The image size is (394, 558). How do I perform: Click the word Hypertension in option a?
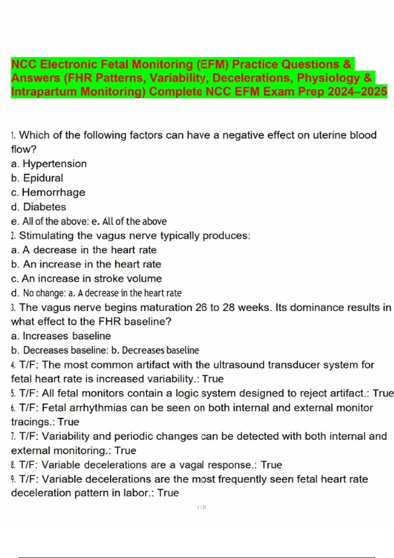pos(55,163)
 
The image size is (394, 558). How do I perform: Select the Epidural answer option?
pos(43,178)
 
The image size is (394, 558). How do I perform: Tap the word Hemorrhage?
pos(54,192)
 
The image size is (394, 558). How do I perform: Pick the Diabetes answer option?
pos(45,207)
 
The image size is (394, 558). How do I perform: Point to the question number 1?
pos(13,135)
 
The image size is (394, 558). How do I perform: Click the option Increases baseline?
pos(67,336)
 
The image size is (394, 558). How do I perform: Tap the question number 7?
pos(13,436)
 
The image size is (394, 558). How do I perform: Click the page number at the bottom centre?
pos(201,507)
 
